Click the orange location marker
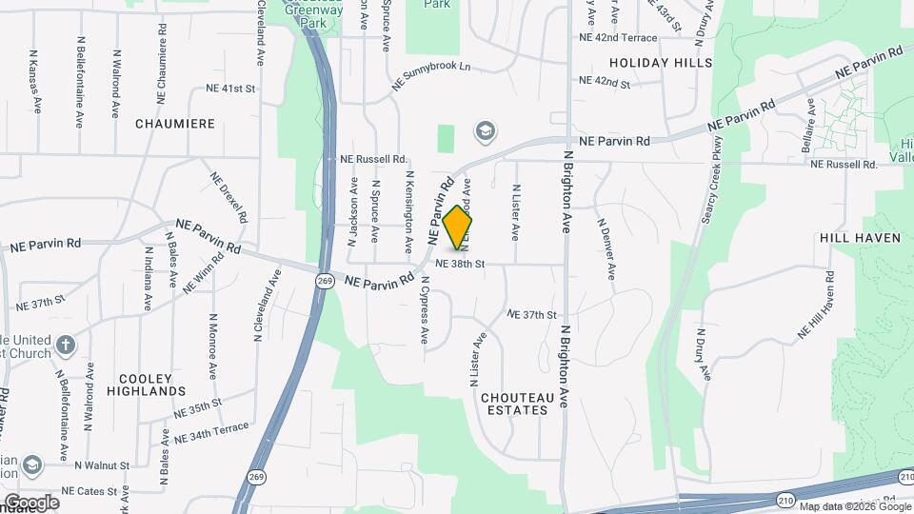[x=458, y=227]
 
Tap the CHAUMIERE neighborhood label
[x=175, y=124]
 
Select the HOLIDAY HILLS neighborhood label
[x=661, y=63]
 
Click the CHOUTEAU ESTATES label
[x=514, y=404]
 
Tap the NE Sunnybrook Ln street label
[x=430, y=77]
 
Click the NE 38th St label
[x=461, y=263]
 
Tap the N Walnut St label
[x=100, y=465]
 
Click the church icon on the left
[x=64, y=345]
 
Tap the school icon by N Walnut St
[x=32, y=465]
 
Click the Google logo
[x=30, y=502]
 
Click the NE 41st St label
[x=231, y=89]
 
